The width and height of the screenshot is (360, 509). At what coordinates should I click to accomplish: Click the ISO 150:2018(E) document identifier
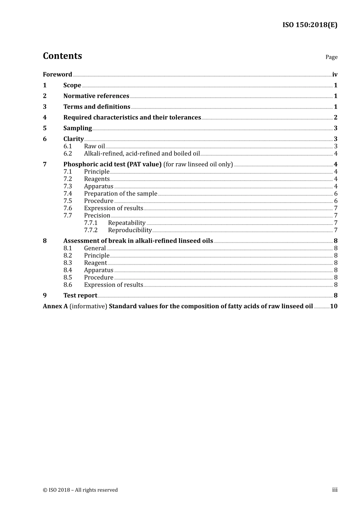[310, 25]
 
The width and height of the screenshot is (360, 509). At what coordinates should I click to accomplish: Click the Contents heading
[62, 56]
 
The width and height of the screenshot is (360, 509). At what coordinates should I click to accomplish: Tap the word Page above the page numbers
[331, 57]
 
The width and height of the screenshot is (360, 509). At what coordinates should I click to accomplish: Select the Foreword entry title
[57, 75]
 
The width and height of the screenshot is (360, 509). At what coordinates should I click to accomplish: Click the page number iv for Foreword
[335, 75]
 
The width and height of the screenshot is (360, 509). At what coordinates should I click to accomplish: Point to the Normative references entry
[96, 96]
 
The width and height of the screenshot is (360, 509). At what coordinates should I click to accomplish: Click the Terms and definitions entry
[97, 107]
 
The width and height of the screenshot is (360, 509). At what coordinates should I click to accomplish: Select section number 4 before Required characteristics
[45, 117]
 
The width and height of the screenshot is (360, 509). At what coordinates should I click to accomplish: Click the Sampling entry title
[77, 128]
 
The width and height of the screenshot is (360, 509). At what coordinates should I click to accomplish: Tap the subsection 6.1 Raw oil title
[94, 146]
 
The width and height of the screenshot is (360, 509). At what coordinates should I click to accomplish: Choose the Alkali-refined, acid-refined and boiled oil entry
[142, 154]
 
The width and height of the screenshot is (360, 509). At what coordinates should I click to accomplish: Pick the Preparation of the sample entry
[121, 194]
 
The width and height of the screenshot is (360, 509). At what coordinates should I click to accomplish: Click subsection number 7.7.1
[91, 223]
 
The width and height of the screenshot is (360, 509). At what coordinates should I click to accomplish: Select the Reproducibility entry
[130, 230]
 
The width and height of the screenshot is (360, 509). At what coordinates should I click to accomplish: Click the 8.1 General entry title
[95, 248]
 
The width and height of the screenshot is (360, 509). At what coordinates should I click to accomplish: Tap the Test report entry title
[80, 295]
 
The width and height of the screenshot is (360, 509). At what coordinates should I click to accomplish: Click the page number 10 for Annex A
[333, 306]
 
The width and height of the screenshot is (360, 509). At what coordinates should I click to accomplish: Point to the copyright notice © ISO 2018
[80, 490]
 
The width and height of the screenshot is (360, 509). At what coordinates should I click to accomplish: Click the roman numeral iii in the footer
[335, 490]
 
